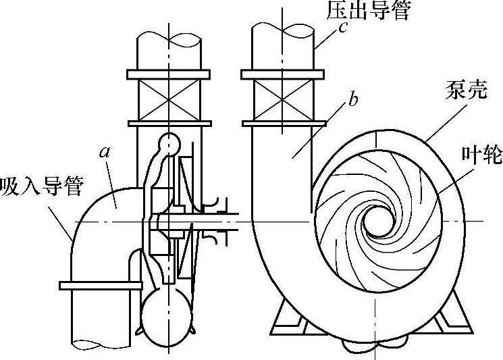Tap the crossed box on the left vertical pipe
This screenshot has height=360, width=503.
167,98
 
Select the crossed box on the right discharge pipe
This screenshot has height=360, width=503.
282,98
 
